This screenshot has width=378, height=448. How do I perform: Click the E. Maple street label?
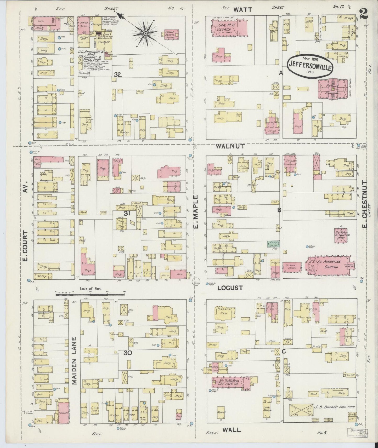point(196,211)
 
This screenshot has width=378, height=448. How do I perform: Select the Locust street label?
point(230,288)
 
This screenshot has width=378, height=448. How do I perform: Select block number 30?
point(128,353)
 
